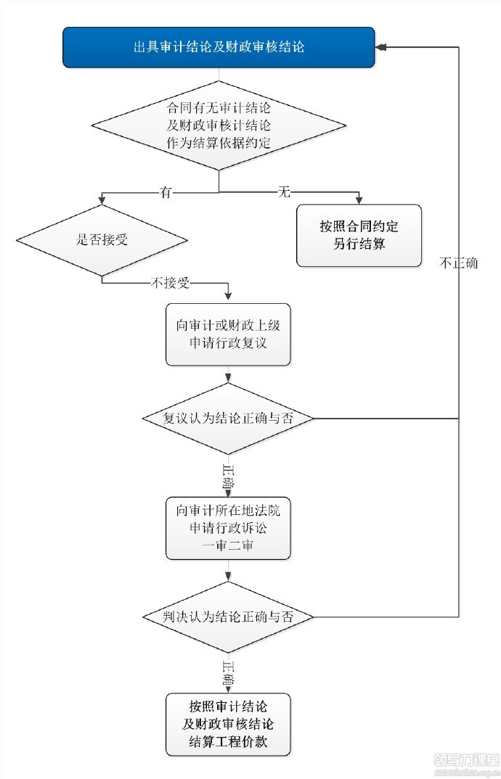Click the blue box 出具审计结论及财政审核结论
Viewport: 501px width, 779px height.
tap(219, 47)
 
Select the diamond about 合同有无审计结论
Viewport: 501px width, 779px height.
tap(219, 125)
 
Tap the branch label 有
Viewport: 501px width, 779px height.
tap(166, 191)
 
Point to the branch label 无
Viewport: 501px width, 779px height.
tap(284, 191)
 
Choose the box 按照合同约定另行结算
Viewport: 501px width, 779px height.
tap(359, 236)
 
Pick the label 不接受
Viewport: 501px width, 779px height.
tap(169, 283)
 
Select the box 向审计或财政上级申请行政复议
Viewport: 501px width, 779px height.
tap(228, 334)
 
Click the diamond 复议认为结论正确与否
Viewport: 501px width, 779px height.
tap(228, 419)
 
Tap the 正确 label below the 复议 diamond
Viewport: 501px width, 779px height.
tap(228, 476)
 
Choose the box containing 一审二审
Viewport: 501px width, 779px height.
tap(228, 527)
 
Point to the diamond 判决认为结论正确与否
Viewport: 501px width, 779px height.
tap(228, 617)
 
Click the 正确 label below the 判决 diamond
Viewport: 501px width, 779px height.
tap(228, 674)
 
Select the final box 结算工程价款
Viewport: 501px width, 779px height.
tap(228, 725)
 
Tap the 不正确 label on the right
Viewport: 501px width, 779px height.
tap(458, 263)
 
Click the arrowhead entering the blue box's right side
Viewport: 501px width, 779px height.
tap(381, 47)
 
